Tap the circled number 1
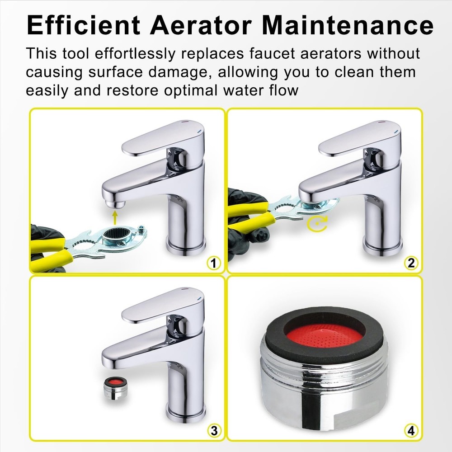click(x=214, y=263)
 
